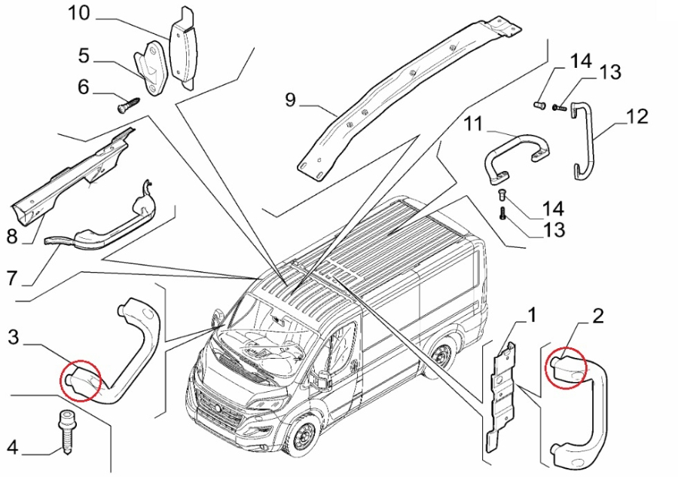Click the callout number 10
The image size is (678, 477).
[78, 13]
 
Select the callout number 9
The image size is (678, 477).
[291, 99]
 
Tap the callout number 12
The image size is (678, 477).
[637, 116]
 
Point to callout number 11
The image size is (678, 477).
[472, 122]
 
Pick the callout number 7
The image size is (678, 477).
[11, 278]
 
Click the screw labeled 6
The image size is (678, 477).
[126, 105]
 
